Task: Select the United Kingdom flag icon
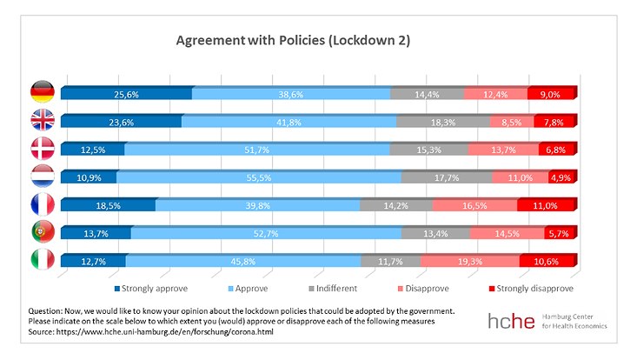point(43,121)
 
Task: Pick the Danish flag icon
point(43,149)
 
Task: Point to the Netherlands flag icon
point(43,177)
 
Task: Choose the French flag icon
point(43,204)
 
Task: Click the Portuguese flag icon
point(43,232)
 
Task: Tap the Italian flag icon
point(43,260)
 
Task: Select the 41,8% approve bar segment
point(289,122)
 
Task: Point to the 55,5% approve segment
point(258,177)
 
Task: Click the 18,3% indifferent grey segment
point(442,122)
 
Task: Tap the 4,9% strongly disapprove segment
point(560,177)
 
